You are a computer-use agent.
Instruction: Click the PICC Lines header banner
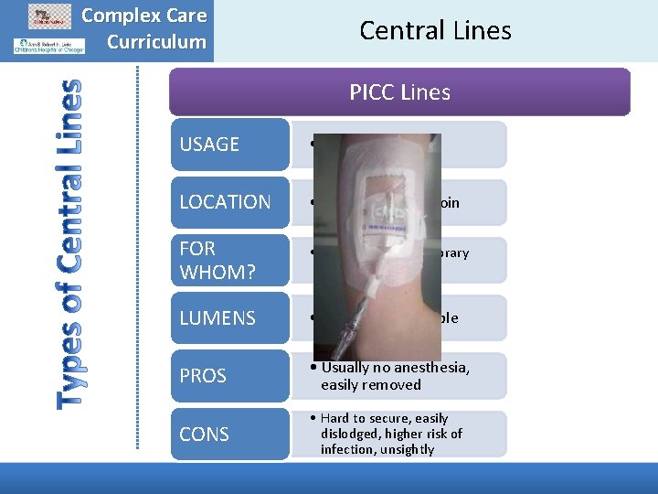coord(400,92)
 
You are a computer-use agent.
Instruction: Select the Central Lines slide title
coord(435,30)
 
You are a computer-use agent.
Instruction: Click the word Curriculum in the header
coord(156,41)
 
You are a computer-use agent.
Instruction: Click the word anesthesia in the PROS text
coord(430,368)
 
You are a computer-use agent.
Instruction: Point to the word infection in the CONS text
coord(347,449)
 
